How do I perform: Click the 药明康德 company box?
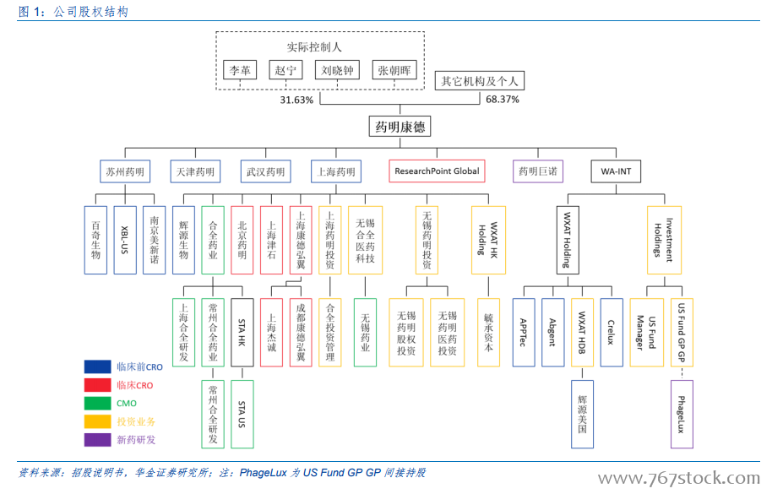point(400,127)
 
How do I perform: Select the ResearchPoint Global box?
point(437,171)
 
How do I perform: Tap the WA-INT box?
point(616,171)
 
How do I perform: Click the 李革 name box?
point(240,70)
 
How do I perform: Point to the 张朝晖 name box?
point(394,70)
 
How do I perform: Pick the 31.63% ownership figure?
point(296,100)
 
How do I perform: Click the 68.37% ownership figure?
point(503,100)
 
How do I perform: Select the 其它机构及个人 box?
point(480,81)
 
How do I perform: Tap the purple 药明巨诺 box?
point(538,171)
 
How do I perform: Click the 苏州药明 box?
point(125,171)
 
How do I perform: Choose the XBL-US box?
point(124,240)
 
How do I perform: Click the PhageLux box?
point(682,415)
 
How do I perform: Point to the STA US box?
point(242,415)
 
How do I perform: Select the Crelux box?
point(612,333)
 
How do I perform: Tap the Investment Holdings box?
point(664,240)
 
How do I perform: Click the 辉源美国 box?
point(583,415)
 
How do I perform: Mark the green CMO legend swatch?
point(97,404)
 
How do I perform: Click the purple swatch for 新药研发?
point(97,440)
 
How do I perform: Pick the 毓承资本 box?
point(488,333)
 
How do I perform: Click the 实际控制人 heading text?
point(314,47)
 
